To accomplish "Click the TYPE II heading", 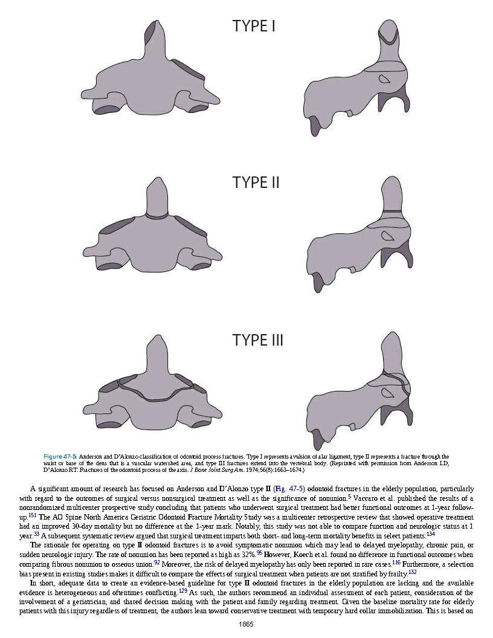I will (256, 182).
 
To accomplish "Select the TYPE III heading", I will (257, 340).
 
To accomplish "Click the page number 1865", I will (246, 624).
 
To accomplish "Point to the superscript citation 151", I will (33, 515).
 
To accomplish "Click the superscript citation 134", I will (430, 533).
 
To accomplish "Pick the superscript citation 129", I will (183, 590).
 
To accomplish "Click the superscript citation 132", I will (412, 571).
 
